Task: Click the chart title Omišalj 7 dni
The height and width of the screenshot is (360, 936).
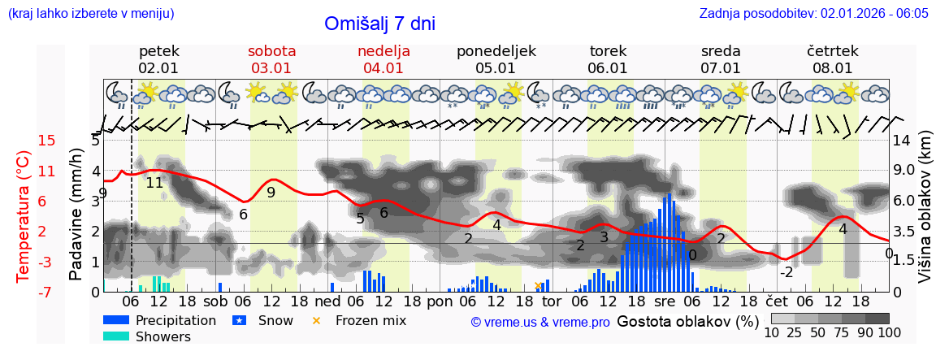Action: tap(379, 24)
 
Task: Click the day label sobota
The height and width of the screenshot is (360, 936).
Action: tap(271, 50)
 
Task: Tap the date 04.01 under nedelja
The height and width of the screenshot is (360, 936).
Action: tap(383, 68)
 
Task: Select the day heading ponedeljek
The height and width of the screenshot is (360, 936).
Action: tap(496, 50)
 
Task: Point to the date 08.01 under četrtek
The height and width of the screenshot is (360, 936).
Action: tap(833, 68)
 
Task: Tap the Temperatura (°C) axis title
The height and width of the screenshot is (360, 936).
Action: tap(24, 216)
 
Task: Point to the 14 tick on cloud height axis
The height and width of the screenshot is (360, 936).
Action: tap(902, 141)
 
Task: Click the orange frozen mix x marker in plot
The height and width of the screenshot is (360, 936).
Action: tap(537, 286)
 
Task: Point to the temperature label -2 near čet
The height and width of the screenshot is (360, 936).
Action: tap(786, 272)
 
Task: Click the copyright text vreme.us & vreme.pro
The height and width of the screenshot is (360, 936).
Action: tap(540, 322)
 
